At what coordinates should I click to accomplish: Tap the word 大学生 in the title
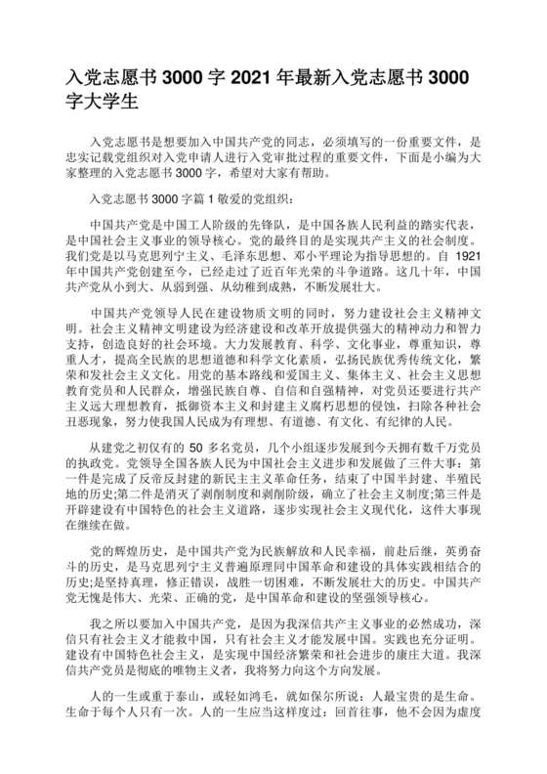pos(114,101)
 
